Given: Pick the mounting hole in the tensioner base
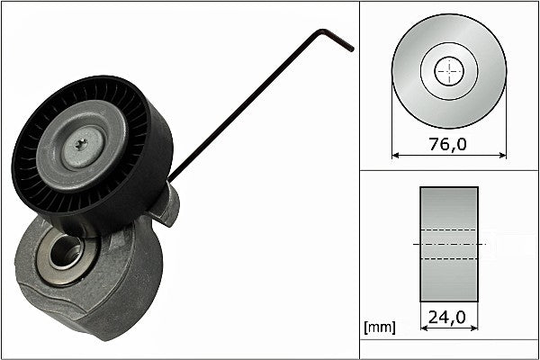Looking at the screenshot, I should pos(64,253).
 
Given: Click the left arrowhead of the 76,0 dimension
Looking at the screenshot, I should pos(396,156).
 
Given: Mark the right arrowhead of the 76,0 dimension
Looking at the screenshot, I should pos(502,156).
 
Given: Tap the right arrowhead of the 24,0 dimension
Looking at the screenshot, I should pos(474,330).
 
